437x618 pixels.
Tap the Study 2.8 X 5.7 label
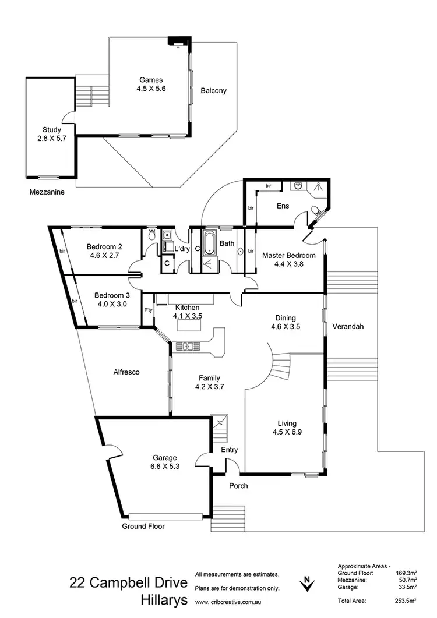(51, 135)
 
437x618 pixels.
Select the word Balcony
(213, 91)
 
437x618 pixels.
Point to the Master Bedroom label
(288, 255)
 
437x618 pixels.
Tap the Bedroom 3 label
(111, 294)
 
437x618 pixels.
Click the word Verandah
(348, 327)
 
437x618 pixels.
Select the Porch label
(238, 485)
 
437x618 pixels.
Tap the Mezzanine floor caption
(48, 192)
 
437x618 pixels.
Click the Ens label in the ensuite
(283, 206)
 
